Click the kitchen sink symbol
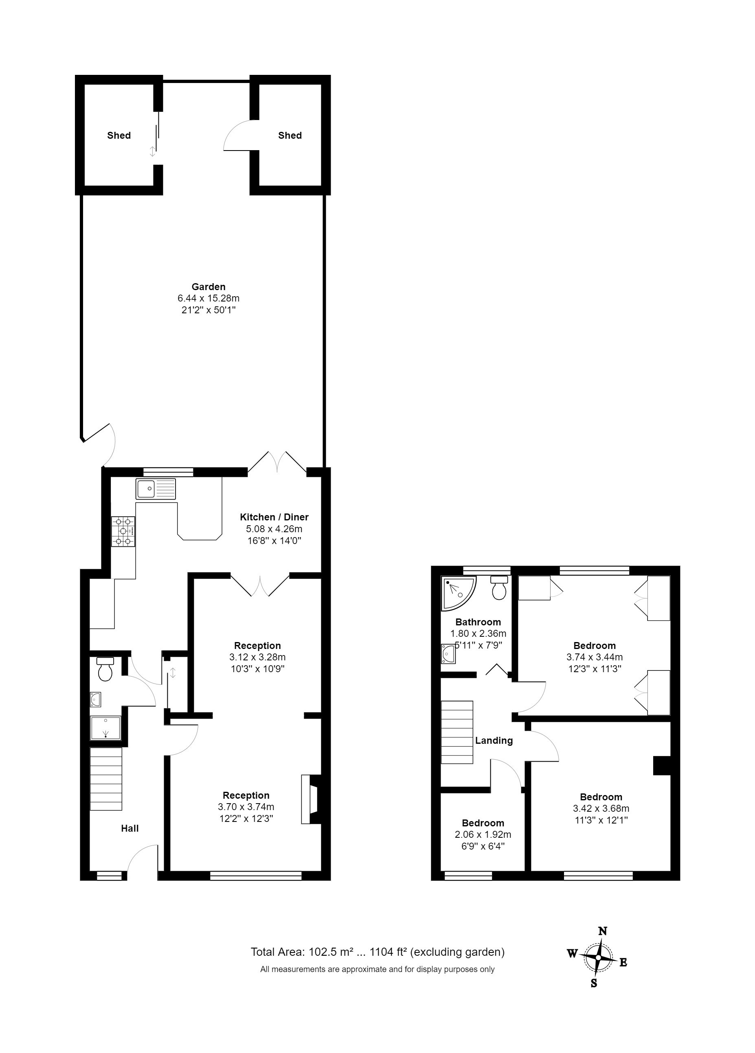156,488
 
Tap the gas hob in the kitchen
123,531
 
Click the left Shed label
119,135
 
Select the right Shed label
290,135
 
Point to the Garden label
209,287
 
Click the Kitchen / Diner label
274,517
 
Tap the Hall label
129,828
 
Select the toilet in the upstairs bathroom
499,587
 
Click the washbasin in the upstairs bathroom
448,654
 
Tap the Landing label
494,741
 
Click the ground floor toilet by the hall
105,669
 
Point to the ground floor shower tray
106,728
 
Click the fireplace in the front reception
311,799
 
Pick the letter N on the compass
603,931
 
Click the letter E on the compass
623,962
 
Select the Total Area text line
378,952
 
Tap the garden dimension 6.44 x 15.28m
209,298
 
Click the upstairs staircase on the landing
457,732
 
